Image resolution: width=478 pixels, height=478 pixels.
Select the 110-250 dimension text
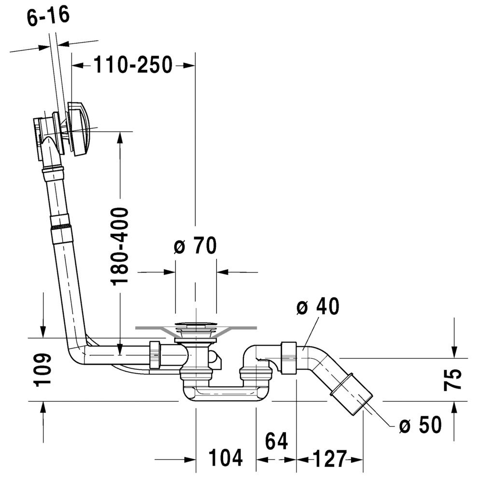point(133,65)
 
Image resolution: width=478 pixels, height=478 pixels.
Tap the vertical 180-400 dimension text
point(120,246)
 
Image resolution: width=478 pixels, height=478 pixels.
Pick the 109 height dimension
point(42,370)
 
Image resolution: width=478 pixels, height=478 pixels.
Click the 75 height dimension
point(452,379)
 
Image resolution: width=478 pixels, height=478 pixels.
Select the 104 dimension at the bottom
point(225,457)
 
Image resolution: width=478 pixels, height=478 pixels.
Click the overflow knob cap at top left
point(79,127)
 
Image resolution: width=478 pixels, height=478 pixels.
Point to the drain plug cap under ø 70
point(196,324)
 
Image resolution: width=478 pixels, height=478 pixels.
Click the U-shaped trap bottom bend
point(225,394)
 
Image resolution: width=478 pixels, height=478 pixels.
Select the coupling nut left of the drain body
point(155,356)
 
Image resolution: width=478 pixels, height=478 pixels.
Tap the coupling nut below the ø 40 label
point(289,358)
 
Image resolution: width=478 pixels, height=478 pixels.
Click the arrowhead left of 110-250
point(78,65)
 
